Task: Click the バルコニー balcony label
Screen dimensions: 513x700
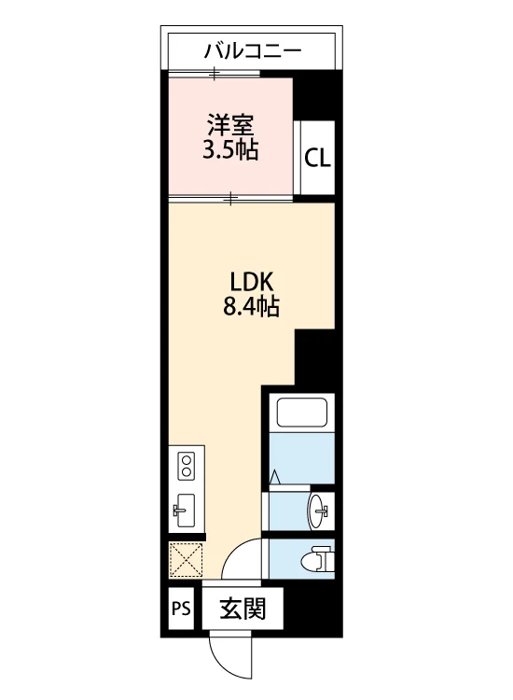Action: coord(253,51)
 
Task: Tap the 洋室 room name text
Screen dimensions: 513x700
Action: coord(230,125)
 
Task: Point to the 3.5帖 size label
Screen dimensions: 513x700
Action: coord(230,150)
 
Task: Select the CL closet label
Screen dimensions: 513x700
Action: coord(318,158)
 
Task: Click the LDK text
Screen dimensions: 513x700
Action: coord(251,282)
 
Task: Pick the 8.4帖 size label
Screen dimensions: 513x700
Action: coord(251,307)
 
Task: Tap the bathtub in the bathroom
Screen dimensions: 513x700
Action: coord(302,413)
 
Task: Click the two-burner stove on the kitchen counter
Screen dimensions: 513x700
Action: coord(186,466)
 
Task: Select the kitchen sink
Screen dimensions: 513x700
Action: coord(185,511)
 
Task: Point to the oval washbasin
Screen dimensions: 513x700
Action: coord(319,511)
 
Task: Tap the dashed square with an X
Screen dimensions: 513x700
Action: coord(186,559)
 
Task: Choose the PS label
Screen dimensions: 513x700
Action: coord(181,609)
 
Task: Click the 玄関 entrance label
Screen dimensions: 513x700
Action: coord(243,608)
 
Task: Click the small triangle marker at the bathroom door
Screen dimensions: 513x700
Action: coord(275,477)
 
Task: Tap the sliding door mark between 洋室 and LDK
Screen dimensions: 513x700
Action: coord(230,197)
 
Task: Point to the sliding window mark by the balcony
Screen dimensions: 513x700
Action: coord(215,73)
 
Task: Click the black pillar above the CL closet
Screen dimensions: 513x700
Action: coord(313,95)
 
